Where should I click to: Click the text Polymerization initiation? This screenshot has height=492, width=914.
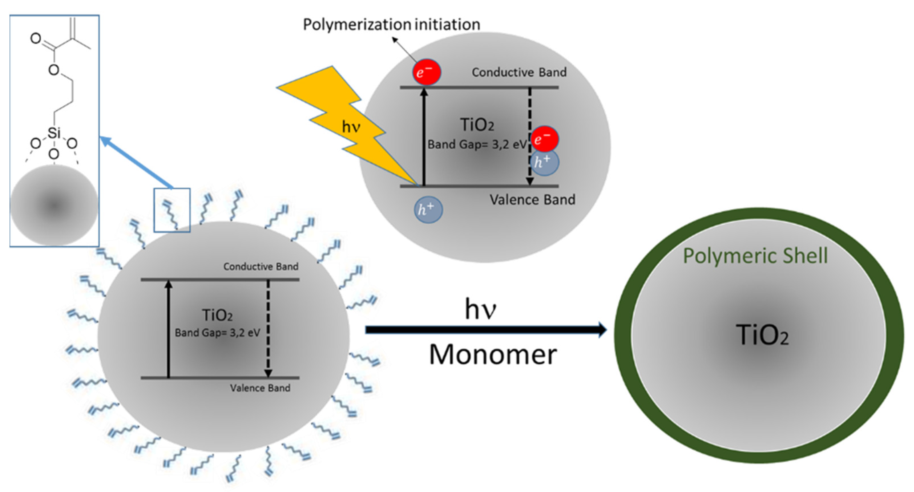coord(391,25)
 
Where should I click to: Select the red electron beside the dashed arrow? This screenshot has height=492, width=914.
coord(544,139)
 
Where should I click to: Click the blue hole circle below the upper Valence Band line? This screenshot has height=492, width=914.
coord(428,210)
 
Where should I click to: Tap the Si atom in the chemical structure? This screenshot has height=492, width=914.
coord(54,133)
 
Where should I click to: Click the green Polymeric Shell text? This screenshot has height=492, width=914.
coord(755,256)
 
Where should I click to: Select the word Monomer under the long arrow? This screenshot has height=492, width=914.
coord(493,355)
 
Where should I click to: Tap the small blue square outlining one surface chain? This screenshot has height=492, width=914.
coord(172,210)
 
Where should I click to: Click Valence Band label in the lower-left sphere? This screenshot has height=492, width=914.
coord(260,388)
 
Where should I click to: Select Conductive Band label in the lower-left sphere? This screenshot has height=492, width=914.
coord(261,267)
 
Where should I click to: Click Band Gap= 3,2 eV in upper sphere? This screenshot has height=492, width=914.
coord(477,145)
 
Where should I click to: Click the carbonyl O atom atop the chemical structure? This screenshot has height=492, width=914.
coord(35,38)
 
